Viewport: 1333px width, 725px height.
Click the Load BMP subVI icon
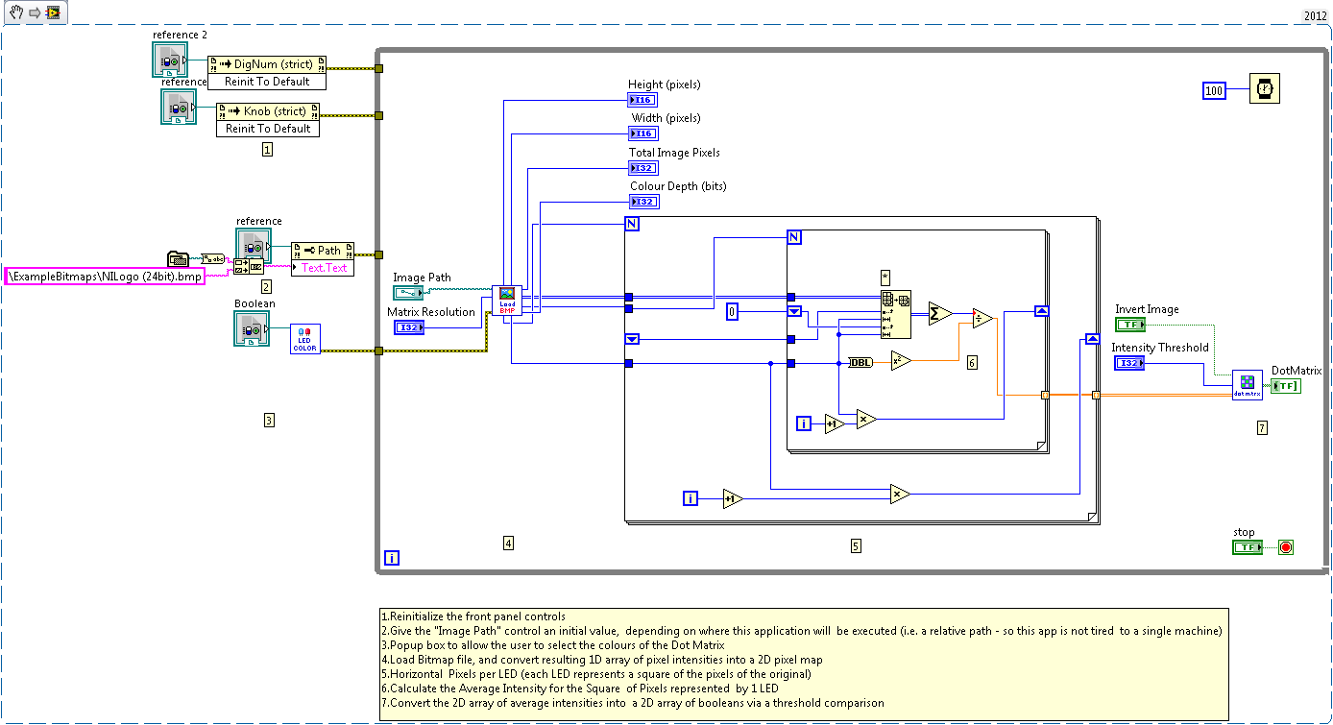tap(507, 300)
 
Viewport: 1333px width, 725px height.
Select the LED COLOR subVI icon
tap(305, 339)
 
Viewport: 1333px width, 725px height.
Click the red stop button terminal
tap(1286, 547)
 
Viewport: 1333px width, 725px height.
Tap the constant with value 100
tap(1215, 90)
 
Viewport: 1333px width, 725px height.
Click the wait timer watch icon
tap(1264, 88)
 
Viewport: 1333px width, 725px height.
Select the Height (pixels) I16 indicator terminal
tap(642, 100)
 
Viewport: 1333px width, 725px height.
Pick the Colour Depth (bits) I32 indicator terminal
tap(643, 202)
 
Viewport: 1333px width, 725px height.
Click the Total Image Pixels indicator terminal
tap(643, 168)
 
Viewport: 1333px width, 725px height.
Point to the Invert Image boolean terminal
tap(1130, 325)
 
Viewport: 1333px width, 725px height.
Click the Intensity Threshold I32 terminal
tap(1129, 363)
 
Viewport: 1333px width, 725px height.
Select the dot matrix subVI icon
tap(1248, 385)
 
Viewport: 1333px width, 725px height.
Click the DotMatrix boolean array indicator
tap(1286, 386)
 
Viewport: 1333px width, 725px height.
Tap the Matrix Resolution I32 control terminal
tap(409, 328)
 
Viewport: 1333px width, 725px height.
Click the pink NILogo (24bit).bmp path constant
tap(105, 276)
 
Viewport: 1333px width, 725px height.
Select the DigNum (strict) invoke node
tap(267, 72)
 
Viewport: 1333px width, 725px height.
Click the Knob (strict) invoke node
tap(268, 119)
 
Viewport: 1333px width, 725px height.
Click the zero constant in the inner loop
tap(732, 311)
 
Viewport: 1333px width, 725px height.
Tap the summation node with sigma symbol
tap(939, 314)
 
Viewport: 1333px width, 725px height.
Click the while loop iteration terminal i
tap(392, 558)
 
